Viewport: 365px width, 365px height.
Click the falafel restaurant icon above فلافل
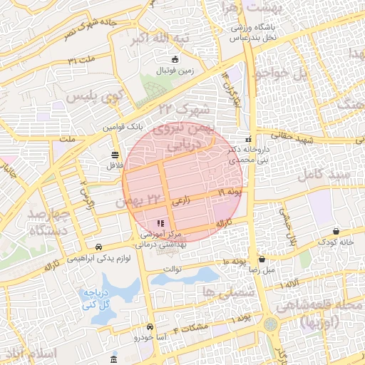[x=115, y=155]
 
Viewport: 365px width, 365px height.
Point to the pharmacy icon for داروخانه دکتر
[x=247, y=139]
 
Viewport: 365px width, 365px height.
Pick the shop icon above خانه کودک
[x=336, y=231]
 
